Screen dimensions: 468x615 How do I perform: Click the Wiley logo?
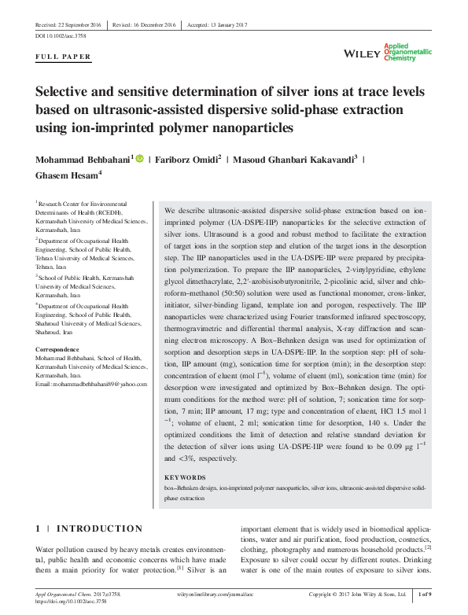363,53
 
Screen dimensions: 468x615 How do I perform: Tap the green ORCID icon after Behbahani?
140,160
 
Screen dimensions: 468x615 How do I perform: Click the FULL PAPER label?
63,57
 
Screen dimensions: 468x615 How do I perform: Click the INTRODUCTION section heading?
100,528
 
